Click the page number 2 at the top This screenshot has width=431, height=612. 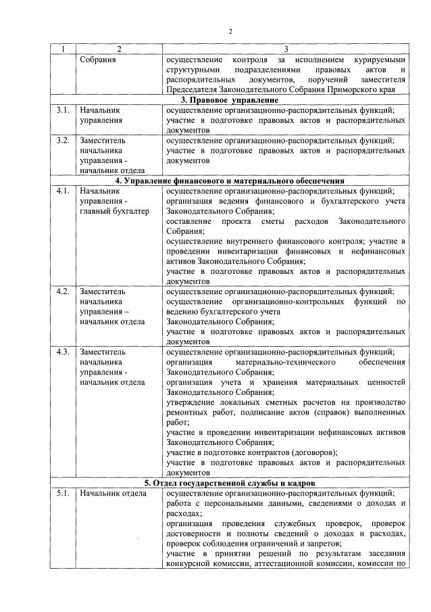pyautogui.click(x=230, y=32)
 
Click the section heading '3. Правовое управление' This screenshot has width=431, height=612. pyautogui.click(x=230, y=99)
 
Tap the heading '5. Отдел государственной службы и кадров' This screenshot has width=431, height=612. pyautogui.click(x=230, y=482)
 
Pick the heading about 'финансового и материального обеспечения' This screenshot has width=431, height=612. pyautogui.click(x=230, y=181)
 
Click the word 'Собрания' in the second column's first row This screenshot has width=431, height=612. pyautogui.click(x=97, y=60)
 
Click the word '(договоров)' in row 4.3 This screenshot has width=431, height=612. pyautogui.click(x=313, y=452)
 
